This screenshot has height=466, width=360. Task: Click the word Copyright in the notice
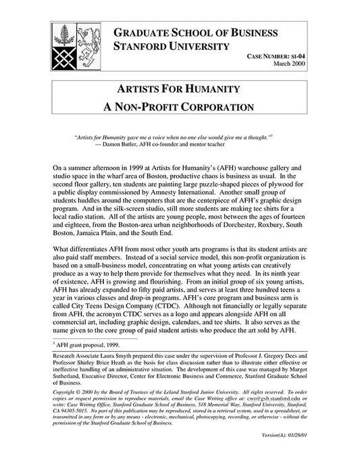click(x=68, y=390)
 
